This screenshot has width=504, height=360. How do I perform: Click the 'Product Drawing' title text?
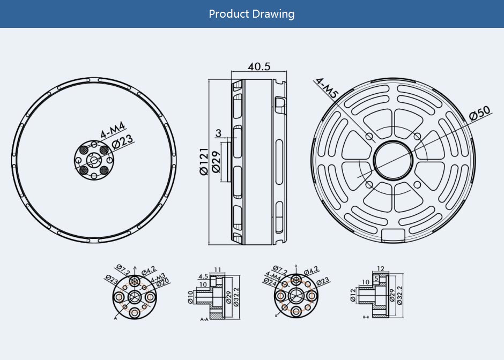251,13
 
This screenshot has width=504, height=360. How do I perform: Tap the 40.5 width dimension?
259,66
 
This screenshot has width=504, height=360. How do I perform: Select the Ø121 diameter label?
204,161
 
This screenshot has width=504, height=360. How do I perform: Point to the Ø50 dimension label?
479,114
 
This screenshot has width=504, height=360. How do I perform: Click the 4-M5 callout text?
327,88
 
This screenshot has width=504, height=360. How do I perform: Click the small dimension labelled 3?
218,133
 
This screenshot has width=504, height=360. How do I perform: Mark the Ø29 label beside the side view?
217,161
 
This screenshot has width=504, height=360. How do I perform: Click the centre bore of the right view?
394,160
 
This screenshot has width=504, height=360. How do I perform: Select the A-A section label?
204,319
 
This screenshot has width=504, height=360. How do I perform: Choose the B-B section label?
366,317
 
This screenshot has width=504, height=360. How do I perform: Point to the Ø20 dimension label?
163,283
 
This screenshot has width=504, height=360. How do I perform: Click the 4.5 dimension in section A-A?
203,276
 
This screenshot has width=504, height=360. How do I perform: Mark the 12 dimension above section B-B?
381,269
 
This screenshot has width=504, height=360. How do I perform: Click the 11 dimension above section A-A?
218,269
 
